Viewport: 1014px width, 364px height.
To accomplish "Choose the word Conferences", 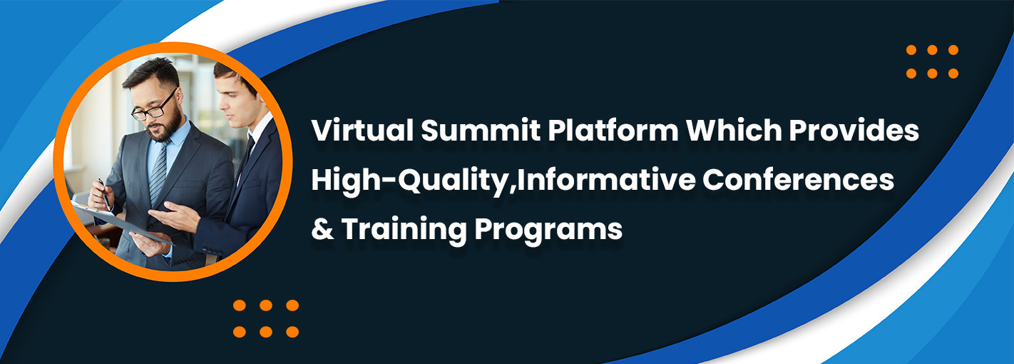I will (x=799, y=180).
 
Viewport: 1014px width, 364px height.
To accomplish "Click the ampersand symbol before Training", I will (x=322, y=230).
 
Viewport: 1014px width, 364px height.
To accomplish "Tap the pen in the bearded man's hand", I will (x=104, y=191).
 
